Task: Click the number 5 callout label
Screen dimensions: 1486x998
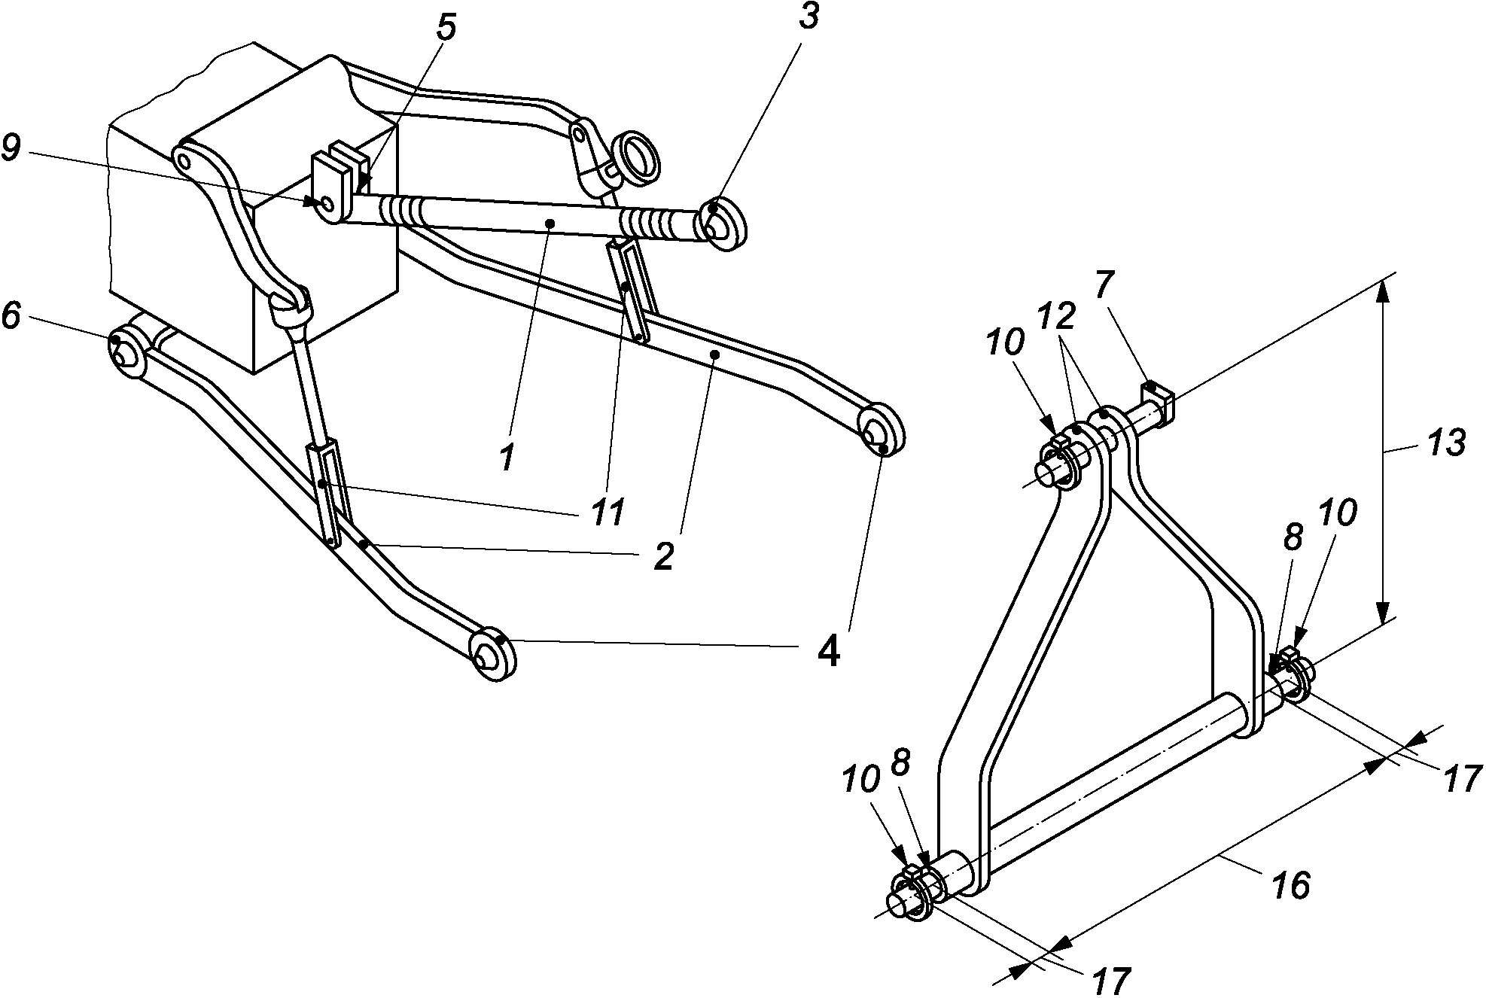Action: point(446,29)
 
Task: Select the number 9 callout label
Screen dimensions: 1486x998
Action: point(12,149)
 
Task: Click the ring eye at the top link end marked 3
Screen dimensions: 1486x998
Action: point(723,224)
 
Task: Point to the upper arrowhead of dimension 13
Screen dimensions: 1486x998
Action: point(1384,291)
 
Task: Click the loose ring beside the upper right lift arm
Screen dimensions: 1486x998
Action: point(637,159)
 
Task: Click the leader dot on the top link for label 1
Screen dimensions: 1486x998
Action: point(551,223)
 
